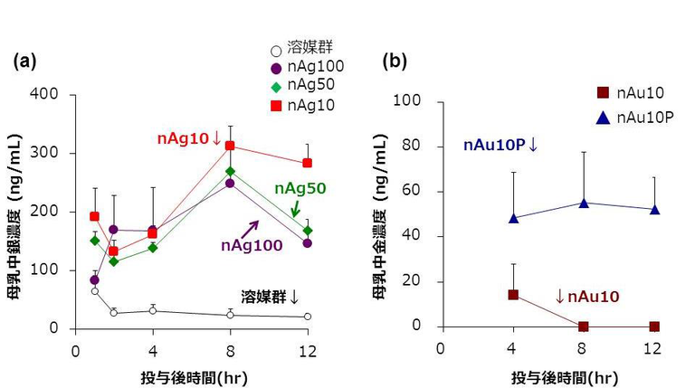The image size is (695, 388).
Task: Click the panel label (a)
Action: [x=24, y=62]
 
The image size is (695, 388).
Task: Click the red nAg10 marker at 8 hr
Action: [x=230, y=146]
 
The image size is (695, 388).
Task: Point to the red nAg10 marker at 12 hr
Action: [x=308, y=163]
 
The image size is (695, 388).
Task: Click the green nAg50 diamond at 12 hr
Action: [x=308, y=231]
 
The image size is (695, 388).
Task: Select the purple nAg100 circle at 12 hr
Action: [x=308, y=243]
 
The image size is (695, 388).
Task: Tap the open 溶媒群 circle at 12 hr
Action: [x=308, y=317]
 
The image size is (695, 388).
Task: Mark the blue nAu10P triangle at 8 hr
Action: [x=584, y=203]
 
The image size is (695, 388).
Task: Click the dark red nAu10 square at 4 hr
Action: [x=513, y=294]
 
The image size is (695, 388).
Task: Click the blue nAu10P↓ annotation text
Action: [x=500, y=145]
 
